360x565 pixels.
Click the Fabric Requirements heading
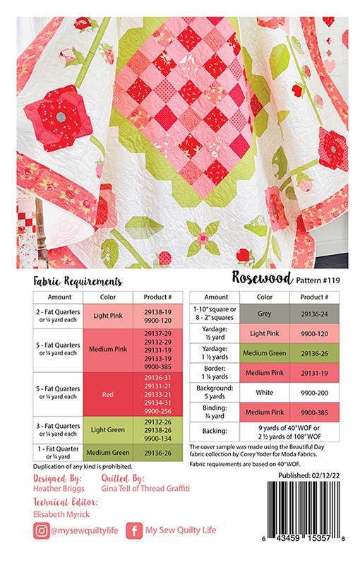[x=74, y=281]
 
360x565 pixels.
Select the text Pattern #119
[x=320, y=281]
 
